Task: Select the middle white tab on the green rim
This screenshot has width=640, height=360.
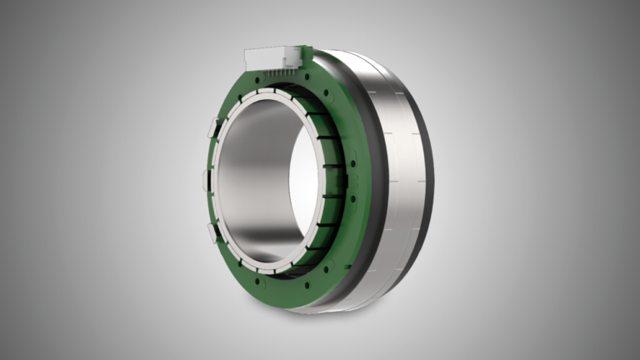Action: pyautogui.click(x=206, y=178)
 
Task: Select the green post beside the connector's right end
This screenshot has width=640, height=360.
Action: pyautogui.click(x=307, y=57)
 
